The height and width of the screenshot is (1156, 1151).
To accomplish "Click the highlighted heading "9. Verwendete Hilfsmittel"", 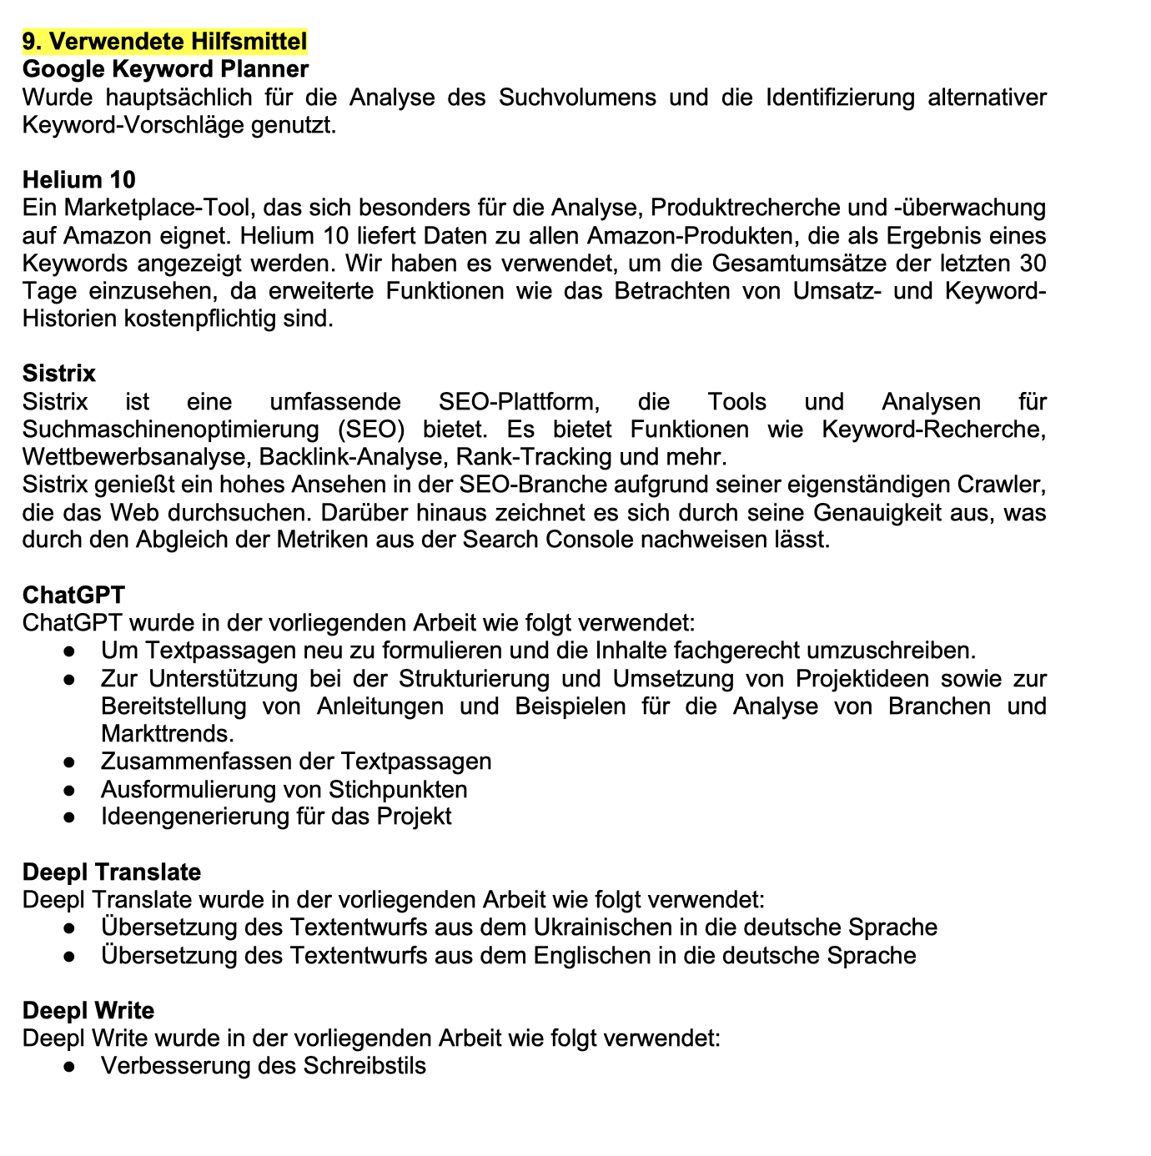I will point(164,41).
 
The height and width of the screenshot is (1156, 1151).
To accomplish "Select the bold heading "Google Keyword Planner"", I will point(165,68).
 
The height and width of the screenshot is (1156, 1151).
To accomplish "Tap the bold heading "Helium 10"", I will point(78,179).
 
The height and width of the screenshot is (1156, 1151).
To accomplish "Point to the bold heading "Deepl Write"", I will point(88,1011).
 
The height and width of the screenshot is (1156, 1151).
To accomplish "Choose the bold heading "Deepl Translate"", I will point(112,872).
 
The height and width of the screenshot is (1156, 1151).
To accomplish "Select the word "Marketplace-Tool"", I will point(156,208).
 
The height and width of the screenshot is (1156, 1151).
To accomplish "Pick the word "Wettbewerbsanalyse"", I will point(138,457).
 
